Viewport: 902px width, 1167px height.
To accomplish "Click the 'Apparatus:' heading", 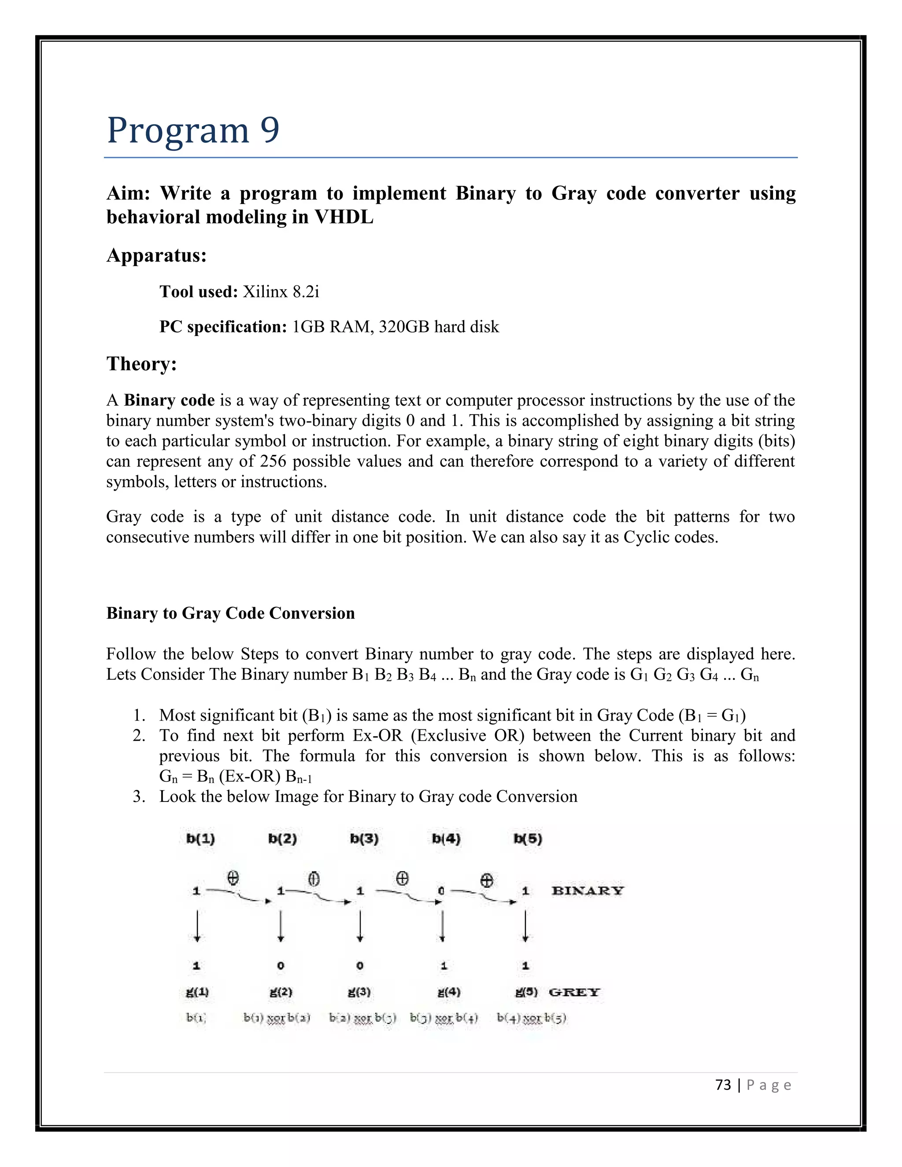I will click(156, 255).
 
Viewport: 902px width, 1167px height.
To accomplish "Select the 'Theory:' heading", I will click(142, 364).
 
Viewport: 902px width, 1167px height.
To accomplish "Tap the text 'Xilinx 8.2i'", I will click(281, 292).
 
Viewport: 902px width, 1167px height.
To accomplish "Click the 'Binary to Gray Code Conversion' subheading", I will click(230, 613).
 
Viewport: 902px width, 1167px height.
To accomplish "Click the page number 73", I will click(723, 1085).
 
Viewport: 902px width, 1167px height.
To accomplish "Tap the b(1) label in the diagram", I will click(200, 838).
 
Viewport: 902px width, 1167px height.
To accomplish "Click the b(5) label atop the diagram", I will click(528, 838).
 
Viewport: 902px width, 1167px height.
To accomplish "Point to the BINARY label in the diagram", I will click(587, 891).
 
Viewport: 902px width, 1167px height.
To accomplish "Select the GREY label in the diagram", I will click(574, 992).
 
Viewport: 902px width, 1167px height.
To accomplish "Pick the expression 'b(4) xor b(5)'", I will click(531, 1018).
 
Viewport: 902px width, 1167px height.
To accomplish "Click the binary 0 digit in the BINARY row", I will click(441, 891).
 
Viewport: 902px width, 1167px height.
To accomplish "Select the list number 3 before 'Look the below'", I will click(138, 797).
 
